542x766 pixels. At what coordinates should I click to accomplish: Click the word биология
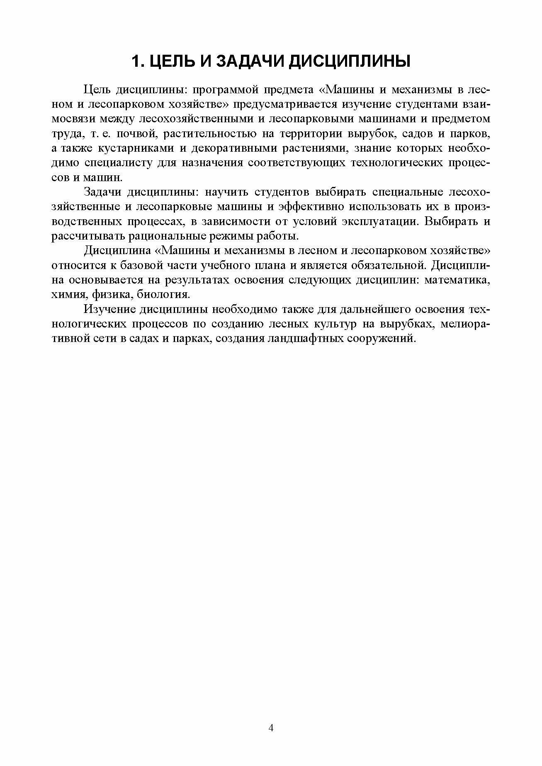(170, 295)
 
